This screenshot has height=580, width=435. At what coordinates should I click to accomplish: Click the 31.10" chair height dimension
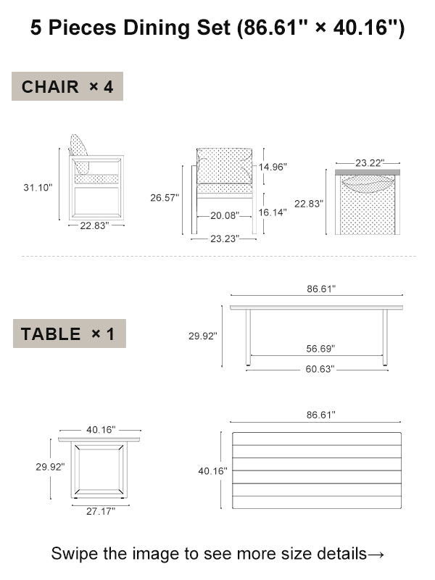click(x=38, y=188)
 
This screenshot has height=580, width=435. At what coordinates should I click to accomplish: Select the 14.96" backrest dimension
click(x=273, y=167)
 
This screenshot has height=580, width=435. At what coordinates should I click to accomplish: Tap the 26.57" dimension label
click(x=165, y=197)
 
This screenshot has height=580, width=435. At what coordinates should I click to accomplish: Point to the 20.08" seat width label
click(x=225, y=215)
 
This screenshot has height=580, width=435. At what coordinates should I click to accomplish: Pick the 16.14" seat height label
click(x=273, y=212)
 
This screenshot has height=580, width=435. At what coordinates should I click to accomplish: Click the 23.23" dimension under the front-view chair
click(x=225, y=239)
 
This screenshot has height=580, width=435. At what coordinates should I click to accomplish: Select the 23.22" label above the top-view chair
click(x=370, y=162)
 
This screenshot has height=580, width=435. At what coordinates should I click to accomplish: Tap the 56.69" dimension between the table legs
click(x=320, y=349)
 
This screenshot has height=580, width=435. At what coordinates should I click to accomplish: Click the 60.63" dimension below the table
click(x=320, y=369)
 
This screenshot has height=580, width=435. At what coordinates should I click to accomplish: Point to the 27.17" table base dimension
click(x=101, y=511)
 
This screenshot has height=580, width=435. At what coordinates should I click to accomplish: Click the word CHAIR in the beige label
click(x=50, y=87)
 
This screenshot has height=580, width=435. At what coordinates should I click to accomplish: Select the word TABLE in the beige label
click(x=51, y=334)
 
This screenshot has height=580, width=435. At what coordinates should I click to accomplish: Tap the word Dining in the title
click(x=157, y=28)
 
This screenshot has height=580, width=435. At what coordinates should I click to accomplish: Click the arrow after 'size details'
click(x=376, y=555)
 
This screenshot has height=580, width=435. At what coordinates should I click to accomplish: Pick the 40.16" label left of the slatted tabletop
click(x=212, y=471)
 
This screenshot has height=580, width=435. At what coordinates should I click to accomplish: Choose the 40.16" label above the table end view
click(x=101, y=429)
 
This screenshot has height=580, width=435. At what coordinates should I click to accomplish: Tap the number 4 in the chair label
click(x=108, y=87)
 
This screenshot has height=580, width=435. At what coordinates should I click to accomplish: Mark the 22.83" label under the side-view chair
click(x=95, y=225)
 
